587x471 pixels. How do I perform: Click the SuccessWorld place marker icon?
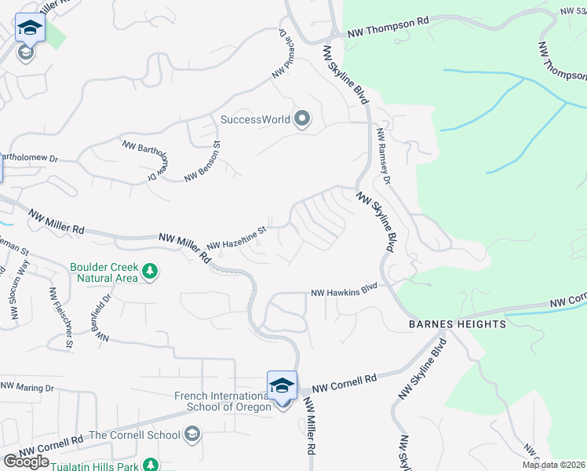(x=302, y=120)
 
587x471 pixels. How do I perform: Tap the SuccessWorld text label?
(x=256, y=120)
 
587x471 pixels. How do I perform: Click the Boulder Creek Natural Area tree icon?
(x=150, y=272)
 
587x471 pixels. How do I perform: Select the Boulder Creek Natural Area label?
(x=104, y=272)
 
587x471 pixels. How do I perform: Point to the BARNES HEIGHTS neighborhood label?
(x=457, y=323)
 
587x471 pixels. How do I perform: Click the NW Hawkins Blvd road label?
(x=345, y=292)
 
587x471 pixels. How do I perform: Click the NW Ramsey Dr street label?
(x=383, y=157)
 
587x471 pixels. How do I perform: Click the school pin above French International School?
(x=282, y=385)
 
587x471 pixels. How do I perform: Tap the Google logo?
(x=27, y=462)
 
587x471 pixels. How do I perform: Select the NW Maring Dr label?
(x=27, y=387)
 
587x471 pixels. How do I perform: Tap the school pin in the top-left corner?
(x=30, y=27)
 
